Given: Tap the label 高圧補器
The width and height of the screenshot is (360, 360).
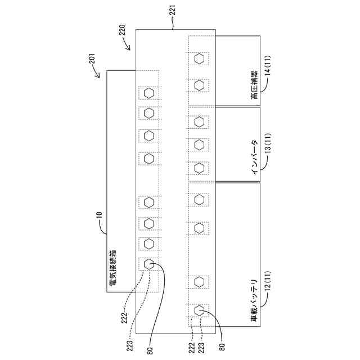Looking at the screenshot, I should tap(254, 86).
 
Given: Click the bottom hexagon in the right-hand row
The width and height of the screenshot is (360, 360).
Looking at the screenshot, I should tap(199, 310).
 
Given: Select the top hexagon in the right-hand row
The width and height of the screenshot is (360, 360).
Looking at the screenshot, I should tap(199, 58).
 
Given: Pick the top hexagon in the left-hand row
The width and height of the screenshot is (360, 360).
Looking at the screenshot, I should tap(148, 93).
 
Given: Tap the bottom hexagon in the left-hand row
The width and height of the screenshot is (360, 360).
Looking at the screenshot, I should tap(148, 264).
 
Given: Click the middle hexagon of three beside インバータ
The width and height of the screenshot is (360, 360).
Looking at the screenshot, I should tap(199, 145).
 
